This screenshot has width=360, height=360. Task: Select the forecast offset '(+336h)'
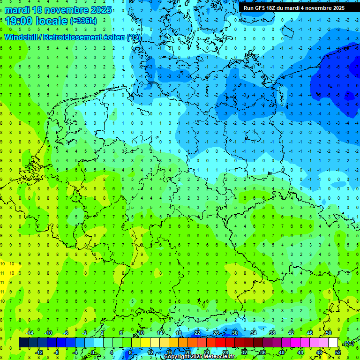click(83, 21)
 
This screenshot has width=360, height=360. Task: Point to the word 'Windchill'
click(22, 37)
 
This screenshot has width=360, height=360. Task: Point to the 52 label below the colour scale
click(338, 352)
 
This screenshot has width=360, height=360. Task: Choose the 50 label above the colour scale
click(329, 333)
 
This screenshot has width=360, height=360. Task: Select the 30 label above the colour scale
click(235, 333)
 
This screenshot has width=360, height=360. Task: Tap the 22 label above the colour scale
click(197, 333)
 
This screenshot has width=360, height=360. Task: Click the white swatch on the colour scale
click(333, 342)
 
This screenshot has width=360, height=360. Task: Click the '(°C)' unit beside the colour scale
click(348, 343)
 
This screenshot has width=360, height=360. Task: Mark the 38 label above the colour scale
click(272, 333)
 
